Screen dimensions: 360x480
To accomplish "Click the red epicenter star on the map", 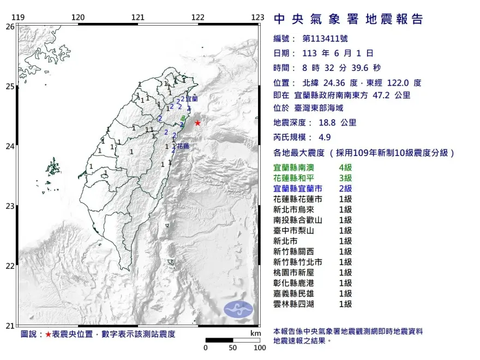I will tap(197, 123).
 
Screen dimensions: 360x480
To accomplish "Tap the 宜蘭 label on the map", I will tap(191, 99).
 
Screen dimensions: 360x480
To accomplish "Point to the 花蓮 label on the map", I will tap(183, 146).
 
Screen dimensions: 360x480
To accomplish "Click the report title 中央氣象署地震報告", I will tap(348, 20).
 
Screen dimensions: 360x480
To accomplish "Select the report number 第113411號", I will tap(324, 39).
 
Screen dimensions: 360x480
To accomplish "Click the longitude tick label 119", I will tap(19, 18).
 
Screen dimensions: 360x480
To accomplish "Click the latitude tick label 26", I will tap(9, 26).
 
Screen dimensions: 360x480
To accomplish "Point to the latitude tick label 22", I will tap(9, 266).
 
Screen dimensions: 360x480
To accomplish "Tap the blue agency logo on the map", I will tap(238, 309).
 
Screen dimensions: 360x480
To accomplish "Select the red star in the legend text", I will tap(48, 334).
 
